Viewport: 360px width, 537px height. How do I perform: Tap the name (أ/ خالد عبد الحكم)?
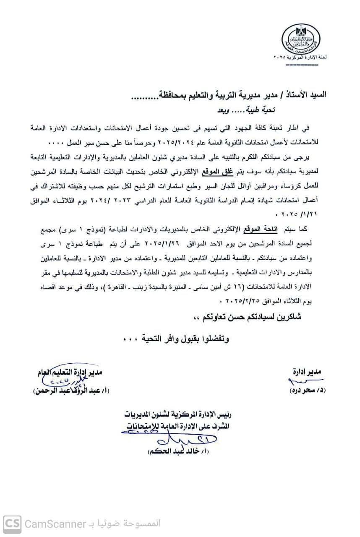tap(178, 452)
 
